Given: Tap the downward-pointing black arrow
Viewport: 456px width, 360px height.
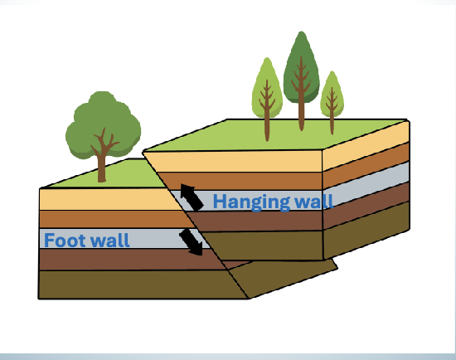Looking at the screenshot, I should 193,242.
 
